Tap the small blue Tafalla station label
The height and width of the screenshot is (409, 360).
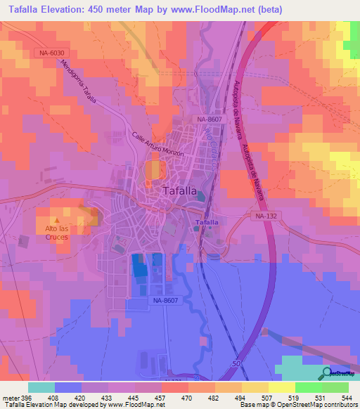click(205, 223)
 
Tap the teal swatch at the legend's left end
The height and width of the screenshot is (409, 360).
click(41, 387)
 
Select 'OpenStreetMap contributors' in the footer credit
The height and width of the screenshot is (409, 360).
click(315, 405)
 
